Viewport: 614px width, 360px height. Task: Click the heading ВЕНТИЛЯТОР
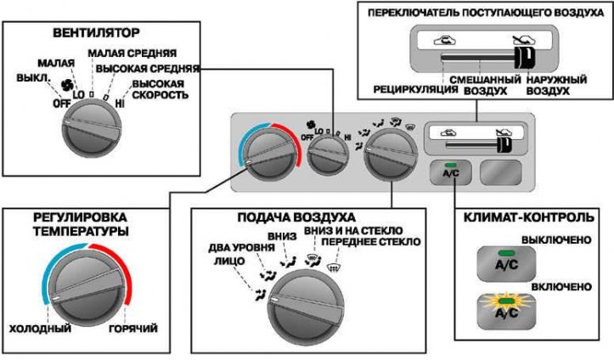pyautogui.click(x=96, y=32)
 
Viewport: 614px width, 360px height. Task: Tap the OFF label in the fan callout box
pyautogui.click(x=61, y=104)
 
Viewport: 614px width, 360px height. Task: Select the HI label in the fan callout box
pyautogui.click(x=120, y=104)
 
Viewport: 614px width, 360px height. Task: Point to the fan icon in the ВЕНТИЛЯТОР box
pyautogui.click(x=67, y=84)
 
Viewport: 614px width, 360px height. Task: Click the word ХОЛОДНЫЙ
pyautogui.click(x=40, y=329)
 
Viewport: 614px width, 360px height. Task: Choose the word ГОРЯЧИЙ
pyautogui.click(x=133, y=329)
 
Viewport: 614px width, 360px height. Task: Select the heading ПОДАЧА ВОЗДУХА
pyautogui.click(x=296, y=217)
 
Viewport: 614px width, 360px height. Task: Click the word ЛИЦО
pyautogui.click(x=229, y=261)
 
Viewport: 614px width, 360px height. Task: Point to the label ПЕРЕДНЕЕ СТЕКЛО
pyautogui.click(x=371, y=242)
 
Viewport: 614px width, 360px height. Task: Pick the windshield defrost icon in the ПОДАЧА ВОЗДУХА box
pyautogui.click(x=333, y=268)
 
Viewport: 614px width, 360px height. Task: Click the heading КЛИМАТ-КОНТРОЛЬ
pyautogui.click(x=528, y=217)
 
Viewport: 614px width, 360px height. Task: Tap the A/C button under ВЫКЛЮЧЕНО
pyautogui.click(x=506, y=263)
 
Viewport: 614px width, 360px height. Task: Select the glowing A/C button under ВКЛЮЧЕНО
pyautogui.click(x=506, y=311)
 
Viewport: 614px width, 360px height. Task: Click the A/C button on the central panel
pyautogui.click(x=451, y=172)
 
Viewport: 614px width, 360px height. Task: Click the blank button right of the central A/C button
pyautogui.click(x=501, y=172)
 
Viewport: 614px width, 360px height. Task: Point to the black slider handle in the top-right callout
pyautogui.click(x=523, y=59)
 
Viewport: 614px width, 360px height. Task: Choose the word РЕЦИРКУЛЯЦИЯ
pyautogui.click(x=415, y=90)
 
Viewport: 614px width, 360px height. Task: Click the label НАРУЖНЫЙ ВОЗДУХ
pyautogui.click(x=556, y=85)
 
